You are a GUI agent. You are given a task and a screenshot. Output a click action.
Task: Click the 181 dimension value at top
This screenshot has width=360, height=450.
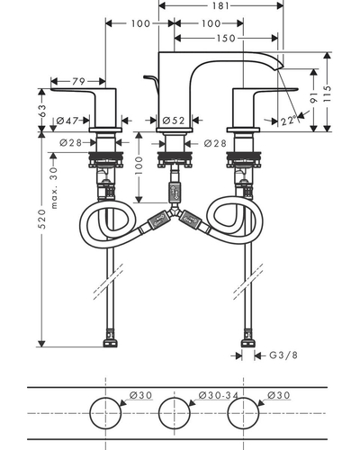(220, 5)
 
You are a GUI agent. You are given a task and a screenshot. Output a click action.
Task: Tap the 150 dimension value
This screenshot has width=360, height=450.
(226, 39)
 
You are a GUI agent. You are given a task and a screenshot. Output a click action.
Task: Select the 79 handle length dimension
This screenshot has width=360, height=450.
(78, 81)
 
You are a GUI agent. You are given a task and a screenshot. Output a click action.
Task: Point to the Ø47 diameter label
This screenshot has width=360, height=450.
(67, 121)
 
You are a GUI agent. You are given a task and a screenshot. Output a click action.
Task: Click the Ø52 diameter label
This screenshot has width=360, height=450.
(174, 121)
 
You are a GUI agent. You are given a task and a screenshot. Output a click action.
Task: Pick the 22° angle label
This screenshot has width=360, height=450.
(289, 121)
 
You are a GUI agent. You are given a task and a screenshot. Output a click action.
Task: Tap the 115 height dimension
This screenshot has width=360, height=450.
(328, 94)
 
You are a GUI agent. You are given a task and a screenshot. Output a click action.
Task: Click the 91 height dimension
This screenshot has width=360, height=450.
(314, 98)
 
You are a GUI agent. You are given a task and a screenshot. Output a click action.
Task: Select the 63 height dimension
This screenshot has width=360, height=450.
(42, 111)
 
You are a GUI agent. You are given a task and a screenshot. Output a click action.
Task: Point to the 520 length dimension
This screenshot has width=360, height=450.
(42, 219)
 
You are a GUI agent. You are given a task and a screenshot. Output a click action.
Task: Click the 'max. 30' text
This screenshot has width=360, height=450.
(54, 188)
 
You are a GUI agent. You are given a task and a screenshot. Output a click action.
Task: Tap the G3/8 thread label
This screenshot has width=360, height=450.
(283, 355)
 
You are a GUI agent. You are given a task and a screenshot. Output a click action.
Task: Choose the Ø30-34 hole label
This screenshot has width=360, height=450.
(219, 395)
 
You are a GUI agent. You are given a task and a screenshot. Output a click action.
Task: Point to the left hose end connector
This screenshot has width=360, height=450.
(110, 338)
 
